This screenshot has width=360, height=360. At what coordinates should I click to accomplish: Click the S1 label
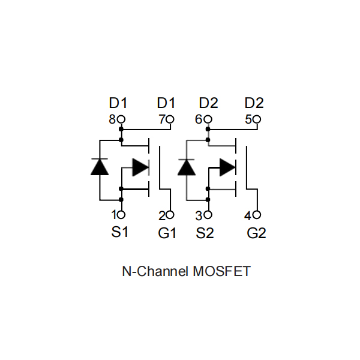[119, 232]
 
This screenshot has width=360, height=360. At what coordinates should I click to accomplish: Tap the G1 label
[167, 233]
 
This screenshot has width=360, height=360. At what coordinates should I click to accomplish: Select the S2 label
[205, 233]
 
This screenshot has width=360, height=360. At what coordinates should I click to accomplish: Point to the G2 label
[256, 233]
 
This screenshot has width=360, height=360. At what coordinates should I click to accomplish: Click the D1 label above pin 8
[118, 103]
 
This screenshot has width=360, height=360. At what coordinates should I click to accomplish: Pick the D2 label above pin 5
[254, 103]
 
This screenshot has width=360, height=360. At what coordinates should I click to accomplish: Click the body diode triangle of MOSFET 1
[100, 167]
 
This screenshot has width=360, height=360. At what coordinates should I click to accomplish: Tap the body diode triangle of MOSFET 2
[187, 167]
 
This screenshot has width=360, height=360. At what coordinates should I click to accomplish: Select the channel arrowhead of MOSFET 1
[140, 167]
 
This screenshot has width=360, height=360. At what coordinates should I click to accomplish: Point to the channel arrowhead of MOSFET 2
[227, 167]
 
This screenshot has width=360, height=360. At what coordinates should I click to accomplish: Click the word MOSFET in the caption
[221, 271]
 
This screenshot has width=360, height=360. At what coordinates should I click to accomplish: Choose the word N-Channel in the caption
[155, 271]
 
